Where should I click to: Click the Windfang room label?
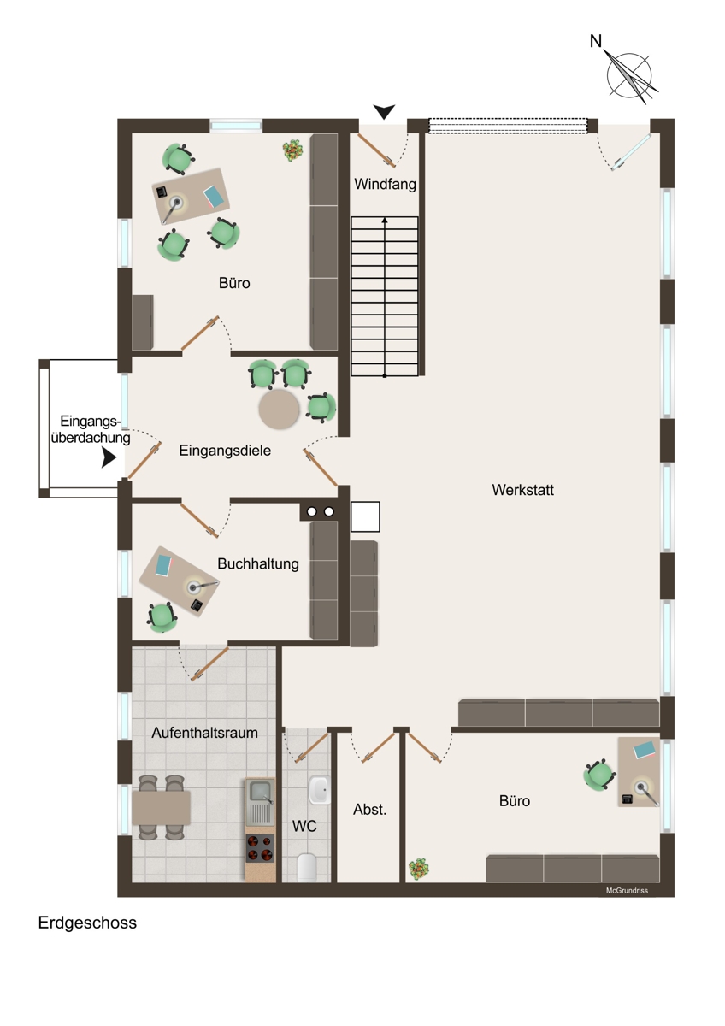pos(385,185)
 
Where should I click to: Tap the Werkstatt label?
pos(522,490)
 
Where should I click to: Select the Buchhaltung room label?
pos(258,563)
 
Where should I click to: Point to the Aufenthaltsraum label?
pos(204,733)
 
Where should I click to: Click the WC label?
pos(304,826)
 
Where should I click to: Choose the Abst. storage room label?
pos(369,810)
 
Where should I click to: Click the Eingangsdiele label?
pos(225,451)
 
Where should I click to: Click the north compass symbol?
pos(627,74)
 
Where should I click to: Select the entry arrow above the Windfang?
pos(384,111)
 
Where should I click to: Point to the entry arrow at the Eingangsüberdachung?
pos(109,457)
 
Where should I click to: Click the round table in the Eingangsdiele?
pos(279,409)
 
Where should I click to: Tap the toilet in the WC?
pos(306,867)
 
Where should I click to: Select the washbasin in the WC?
pos(319,790)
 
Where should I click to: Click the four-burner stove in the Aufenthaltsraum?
pos(260,847)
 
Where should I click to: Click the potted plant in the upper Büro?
pos(292,150)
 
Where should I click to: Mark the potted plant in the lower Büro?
pos(419,869)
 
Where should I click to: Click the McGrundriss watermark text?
pos(627,891)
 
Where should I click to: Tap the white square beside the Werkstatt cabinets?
pos(365,516)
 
